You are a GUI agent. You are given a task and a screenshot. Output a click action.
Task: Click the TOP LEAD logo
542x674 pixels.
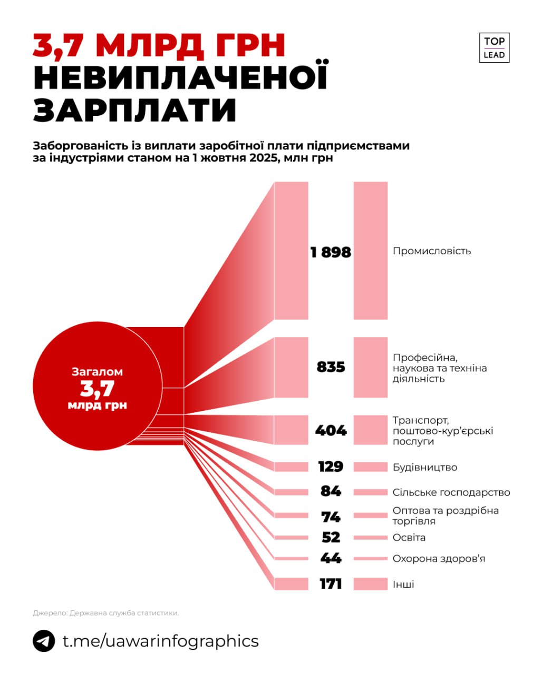[x=494, y=48]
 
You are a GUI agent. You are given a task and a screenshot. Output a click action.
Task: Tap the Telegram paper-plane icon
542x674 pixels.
[x=44, y=641]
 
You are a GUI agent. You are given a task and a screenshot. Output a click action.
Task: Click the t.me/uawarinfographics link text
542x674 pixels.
[x=160, y=641]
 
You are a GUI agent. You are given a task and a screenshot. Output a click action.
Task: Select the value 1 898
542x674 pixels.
[x=331, y=252]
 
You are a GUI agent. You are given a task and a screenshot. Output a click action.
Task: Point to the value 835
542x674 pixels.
[x=331, y=366]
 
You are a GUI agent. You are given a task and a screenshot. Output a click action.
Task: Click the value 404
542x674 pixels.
[x=331, y=430]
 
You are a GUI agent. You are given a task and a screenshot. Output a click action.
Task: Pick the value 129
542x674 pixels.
[x=331, y=467]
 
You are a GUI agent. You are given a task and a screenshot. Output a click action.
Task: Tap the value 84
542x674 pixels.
[x=331, y=491]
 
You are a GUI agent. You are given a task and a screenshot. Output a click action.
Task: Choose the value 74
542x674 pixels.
[x=331, y=517]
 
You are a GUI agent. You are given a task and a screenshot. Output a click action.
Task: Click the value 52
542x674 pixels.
[x=331, y=537]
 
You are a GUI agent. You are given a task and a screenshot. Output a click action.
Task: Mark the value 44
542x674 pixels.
[x=331, y=558]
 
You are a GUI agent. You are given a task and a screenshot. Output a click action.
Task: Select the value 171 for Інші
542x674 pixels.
[x=331, y=584]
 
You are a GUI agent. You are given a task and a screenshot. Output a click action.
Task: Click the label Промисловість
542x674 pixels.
[x=431, y=251]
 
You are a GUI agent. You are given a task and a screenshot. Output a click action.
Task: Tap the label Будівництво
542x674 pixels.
[x=424, y=468]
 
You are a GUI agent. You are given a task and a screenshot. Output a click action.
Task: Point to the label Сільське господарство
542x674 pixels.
[x=451, y=492]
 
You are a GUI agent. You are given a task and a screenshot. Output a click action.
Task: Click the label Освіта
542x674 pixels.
[x=409, y=538]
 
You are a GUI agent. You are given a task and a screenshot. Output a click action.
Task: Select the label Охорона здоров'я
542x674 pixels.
[x=439, y=559]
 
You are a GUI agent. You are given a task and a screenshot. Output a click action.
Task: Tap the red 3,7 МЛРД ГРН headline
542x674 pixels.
[x=159, y=46]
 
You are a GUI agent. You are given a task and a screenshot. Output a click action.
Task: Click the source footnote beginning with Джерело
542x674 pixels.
[x=106, y=613]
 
